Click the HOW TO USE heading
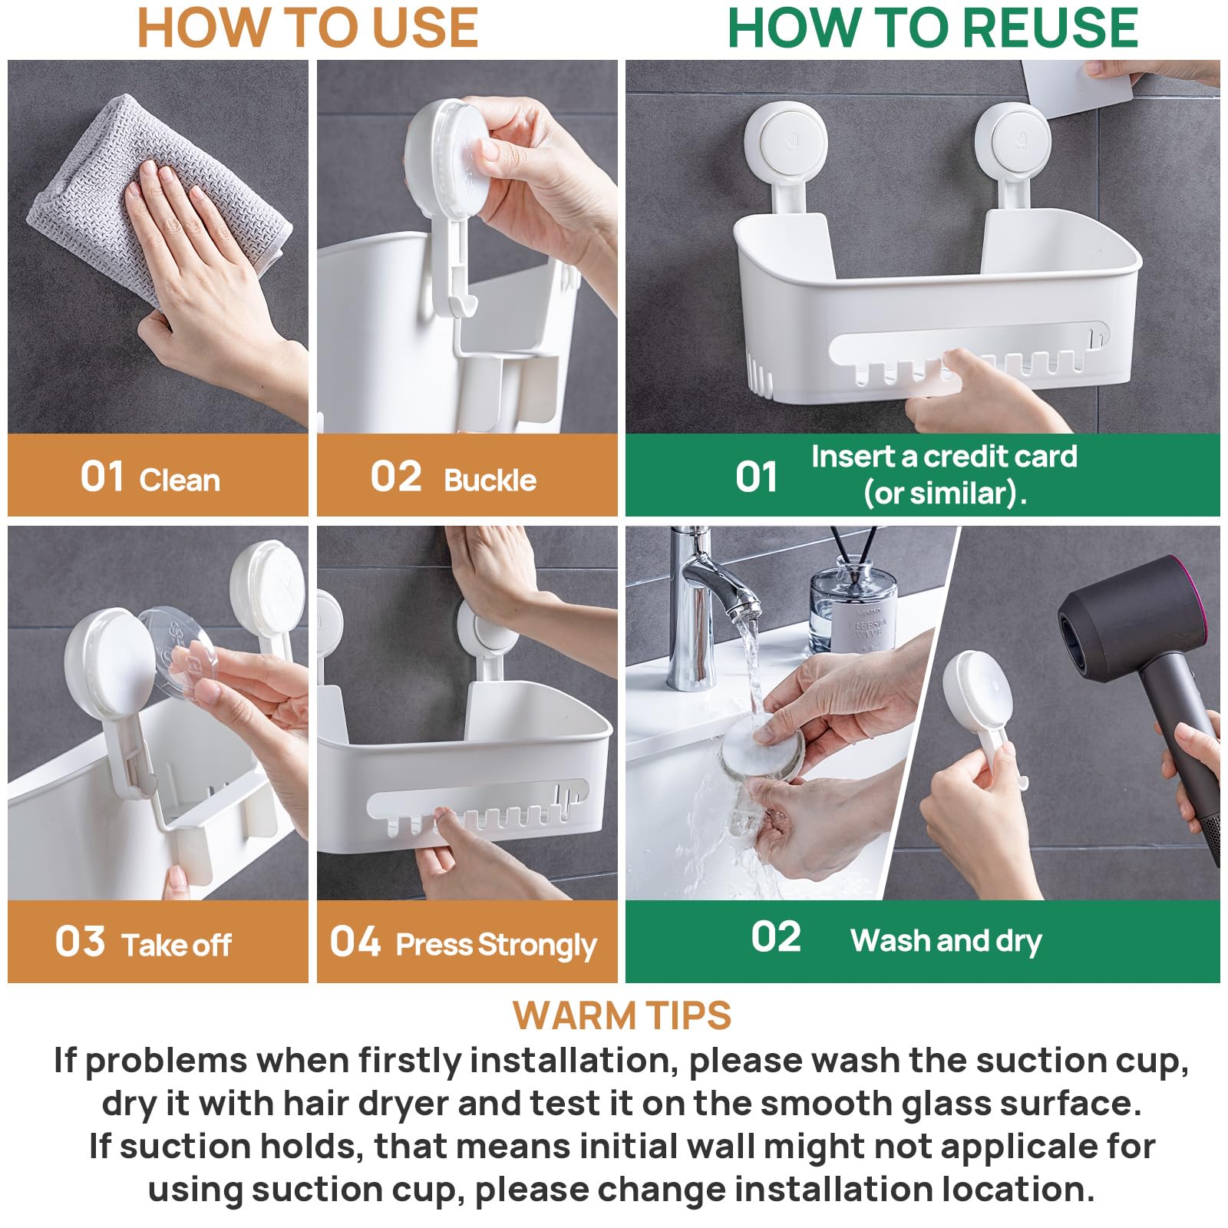pos(308,28)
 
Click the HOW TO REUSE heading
pos(933,28)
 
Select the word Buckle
pos(490,480)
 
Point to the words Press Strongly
pos(496,946)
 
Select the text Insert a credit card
pos(944,457)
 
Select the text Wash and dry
pos(946,941)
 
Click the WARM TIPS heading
pos(622,1016)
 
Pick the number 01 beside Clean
pos(101,477)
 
